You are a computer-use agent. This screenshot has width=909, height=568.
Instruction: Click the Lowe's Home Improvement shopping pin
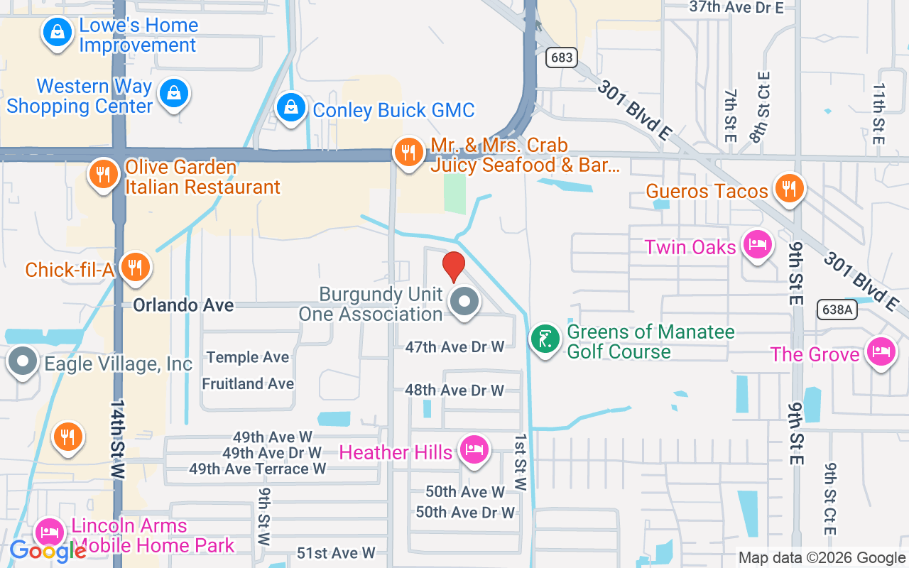tap(56, 32)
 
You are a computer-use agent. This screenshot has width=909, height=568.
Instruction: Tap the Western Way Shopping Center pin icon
tap(173, 93)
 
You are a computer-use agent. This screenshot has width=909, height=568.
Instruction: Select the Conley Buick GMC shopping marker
tap(290, 109)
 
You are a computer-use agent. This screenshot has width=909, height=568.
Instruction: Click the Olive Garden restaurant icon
tap(104, 173)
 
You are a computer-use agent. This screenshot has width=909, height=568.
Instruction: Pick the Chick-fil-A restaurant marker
tap(133, 267)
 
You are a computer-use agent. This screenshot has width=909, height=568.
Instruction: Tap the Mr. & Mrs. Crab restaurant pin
tap(408, 152)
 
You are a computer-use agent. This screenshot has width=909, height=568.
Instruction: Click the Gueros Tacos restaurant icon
tap(788, 189)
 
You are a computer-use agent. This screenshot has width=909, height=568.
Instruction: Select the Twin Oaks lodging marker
tap(757, 245)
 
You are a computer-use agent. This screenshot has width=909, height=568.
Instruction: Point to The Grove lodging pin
tap(881, 351)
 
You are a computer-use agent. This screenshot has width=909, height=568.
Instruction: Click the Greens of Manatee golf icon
tap(545, 339)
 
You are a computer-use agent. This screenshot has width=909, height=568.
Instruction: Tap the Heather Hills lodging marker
tap(472, 449)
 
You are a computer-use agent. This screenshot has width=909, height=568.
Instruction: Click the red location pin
tap(453, 266)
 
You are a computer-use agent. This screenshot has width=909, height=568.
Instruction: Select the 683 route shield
tap(561, 58)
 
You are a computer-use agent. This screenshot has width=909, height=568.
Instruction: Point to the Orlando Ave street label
tap(183, 305)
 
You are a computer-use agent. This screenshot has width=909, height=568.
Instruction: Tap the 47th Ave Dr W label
tap(454, 347)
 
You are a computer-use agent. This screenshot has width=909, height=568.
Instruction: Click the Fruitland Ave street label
tap(248, 383)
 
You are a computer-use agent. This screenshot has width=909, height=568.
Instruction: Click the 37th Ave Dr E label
tap(736, 8)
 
